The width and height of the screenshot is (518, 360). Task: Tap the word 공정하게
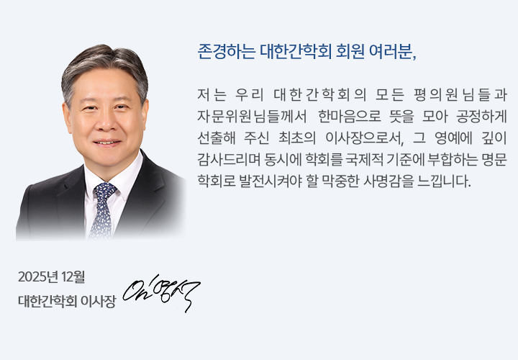(x=482, y=116)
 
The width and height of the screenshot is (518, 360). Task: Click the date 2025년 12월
(x=52, y=276)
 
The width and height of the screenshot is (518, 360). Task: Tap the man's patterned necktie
(x=102, y=209)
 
